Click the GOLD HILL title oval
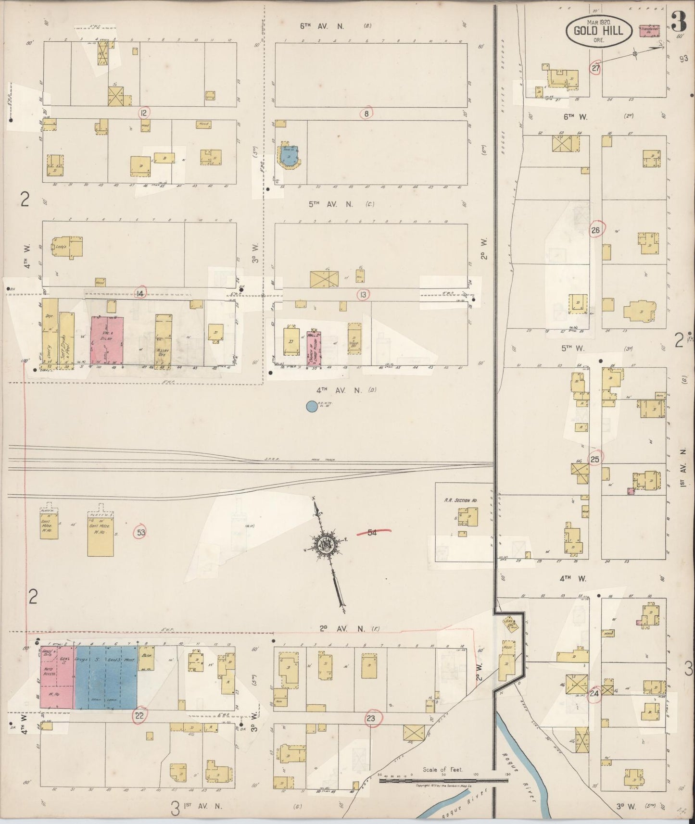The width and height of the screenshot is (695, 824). tap(598, 31)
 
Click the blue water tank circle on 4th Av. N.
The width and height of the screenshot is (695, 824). tap(312, 407)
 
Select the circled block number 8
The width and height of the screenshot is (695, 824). tap(366, 114)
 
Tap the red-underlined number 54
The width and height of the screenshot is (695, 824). tap(372, 532)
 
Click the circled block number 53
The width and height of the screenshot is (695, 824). tap(140, 532)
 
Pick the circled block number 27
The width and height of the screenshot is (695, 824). tap(596, 68)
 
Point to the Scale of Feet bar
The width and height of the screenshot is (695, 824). tap(442, 781)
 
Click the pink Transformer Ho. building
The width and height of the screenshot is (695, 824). tap(650, 30)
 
